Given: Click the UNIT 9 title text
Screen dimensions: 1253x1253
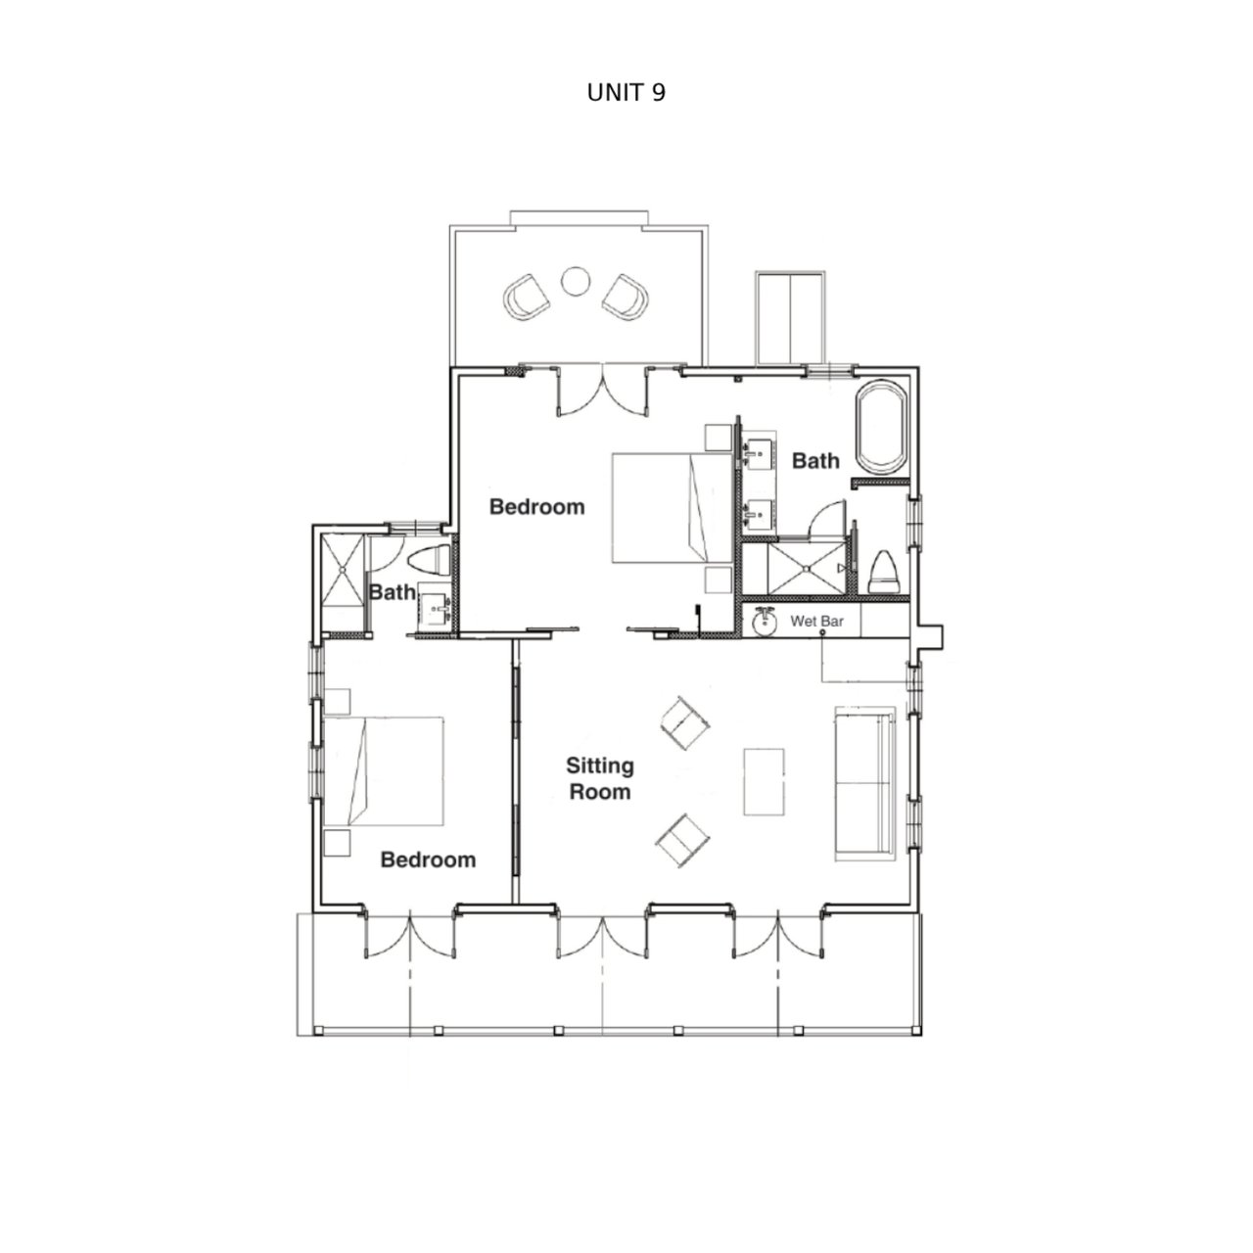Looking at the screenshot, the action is [x=626, y=93].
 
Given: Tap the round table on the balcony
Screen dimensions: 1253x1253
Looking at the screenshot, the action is [x=576, y=282].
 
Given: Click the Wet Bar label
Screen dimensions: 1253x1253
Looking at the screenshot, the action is [x=816, y=621].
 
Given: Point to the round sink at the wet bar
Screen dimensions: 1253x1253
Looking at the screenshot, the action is [x=765, y=622].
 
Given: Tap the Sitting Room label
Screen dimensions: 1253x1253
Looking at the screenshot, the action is [x=599, y=778].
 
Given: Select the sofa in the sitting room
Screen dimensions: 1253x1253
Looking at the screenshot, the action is [x=864, y=784].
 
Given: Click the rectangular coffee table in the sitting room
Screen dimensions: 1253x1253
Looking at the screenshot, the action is [x=764, y=781].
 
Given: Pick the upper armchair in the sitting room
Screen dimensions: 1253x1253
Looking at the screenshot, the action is [x=684, y=722].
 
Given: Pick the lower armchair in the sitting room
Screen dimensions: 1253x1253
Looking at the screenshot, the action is [x=682, y=840].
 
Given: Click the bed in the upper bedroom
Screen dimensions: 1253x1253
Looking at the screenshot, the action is [x=673, y=507].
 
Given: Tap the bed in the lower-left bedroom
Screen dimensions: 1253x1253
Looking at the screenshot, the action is [x=384, y=771].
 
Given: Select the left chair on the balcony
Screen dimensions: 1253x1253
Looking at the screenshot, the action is [x=528, y=298].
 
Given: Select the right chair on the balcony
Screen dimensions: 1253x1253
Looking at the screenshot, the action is [x=626, y=298].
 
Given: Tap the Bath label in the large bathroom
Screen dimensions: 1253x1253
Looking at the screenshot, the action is [x=815, y=461].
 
